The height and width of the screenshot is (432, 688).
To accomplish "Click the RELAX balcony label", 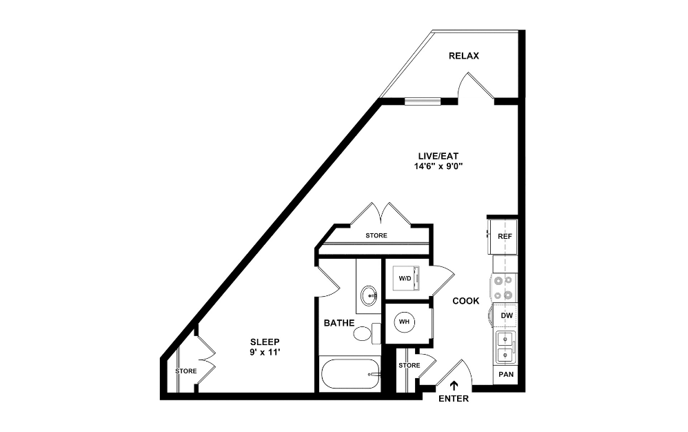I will pos(463,56).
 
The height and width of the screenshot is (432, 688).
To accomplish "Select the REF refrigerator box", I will pos(505,236).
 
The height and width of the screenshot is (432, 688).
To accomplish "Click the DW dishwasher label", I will pos(506,316).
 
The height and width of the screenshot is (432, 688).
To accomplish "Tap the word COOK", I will pos(466,301).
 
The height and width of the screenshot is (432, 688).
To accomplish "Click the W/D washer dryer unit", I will pos(405,279).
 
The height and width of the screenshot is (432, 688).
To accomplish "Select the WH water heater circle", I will pos(405,323).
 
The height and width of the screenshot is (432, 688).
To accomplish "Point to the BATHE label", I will pos(339,322).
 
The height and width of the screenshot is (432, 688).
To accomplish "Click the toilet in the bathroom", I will pos(364,333).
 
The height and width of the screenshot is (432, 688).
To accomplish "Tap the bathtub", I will pos(350,375).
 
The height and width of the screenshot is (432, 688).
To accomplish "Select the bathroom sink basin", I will pos(369,295).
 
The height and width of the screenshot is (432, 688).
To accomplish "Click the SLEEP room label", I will pos(265,342).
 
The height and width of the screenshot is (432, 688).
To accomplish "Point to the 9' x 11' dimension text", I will pos(265,353).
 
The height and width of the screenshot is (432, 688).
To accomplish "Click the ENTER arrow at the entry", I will pos(454,386).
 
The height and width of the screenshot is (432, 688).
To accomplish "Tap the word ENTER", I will pos(453,399).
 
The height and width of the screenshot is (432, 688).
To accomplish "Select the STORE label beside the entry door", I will pos(409,365).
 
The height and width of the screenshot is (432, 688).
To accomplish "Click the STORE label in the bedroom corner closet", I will pos(186,371).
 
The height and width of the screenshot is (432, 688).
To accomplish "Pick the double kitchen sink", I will pos(505,346).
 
